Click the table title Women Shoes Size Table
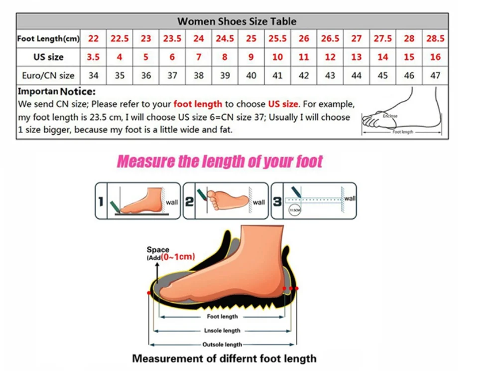237,21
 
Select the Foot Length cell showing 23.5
172,38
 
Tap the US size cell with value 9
251,57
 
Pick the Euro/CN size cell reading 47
435,76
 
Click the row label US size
48,57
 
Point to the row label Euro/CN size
48,76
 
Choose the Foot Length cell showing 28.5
435,38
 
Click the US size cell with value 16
435,57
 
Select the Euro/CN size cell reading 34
93,76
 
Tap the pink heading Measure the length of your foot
220,162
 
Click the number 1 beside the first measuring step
101,202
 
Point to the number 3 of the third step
277,202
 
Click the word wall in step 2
259,202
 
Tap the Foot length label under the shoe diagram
222,316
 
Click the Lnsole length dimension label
222,330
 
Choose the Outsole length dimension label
222,344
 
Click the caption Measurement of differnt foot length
224,359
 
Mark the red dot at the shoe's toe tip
149,293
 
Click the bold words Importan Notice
56,92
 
